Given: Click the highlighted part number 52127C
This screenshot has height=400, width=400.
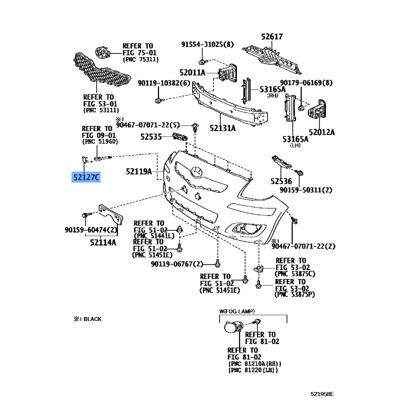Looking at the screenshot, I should click(x=86, y=176).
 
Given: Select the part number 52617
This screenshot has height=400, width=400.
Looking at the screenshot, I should click(x=271, y=36).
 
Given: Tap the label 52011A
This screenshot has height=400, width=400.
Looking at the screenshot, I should click(x=192, y=72).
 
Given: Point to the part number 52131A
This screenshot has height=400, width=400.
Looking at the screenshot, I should click(x=222, y=128).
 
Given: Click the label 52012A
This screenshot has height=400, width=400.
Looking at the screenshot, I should click(x=321, y=132).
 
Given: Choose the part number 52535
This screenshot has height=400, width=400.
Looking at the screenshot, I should click(x=151, y=136).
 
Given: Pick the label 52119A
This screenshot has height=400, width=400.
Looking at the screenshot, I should click(x=138, y=171).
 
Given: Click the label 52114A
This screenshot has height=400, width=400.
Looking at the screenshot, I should click(x=103, y=242).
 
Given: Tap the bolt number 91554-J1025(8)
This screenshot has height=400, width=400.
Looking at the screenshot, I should click(x=207, y=44).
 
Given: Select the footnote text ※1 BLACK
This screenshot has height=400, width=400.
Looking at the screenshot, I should click(x=90, y=318).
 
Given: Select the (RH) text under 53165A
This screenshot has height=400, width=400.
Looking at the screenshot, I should click(x=272, y=95).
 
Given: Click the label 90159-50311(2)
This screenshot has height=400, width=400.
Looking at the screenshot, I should click(x=306, y=190).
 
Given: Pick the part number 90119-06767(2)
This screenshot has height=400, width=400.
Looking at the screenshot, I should click(x=177, y=264).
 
